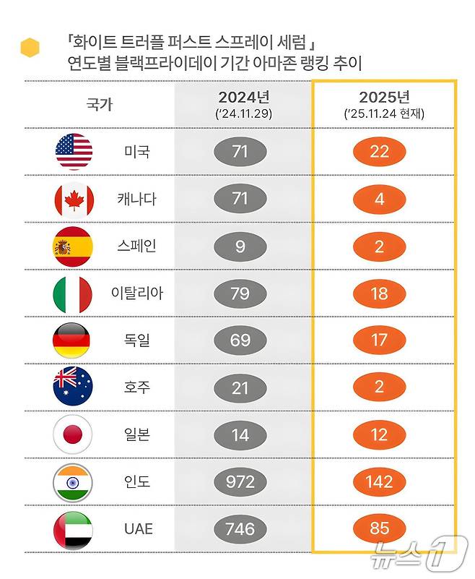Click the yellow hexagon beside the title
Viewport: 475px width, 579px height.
(30, 48)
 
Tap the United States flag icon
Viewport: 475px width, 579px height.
(74, 152)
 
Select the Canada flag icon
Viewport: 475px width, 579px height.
(74, 199)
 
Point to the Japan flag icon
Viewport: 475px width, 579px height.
(73, 435)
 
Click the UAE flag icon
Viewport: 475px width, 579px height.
(73, 529)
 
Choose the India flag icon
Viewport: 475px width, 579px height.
(73, 482)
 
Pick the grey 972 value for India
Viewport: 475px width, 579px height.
(240, 482)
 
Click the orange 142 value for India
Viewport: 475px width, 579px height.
(380, 482)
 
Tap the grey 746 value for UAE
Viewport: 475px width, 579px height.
(240, 529)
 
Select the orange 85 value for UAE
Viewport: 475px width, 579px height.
(380, 529)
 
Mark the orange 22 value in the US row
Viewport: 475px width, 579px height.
(380, 152)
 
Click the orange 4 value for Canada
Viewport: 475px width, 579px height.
(380, 199)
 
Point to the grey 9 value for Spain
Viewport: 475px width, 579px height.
(240, 246)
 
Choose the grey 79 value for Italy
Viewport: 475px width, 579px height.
(240, 293)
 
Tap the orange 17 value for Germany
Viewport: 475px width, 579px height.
(380, 340)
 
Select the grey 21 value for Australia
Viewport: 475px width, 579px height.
(240, 388)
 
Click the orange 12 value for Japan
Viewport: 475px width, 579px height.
(380, 435)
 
